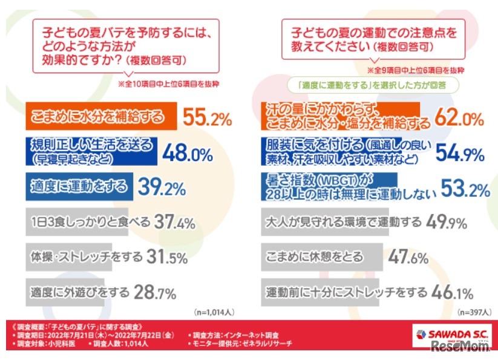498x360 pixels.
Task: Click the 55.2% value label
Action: pos(207,118)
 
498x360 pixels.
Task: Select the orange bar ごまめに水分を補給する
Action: pos(100,117)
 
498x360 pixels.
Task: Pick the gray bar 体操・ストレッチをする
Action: pos(82,257)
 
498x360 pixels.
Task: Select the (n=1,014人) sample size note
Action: pos(215,312)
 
